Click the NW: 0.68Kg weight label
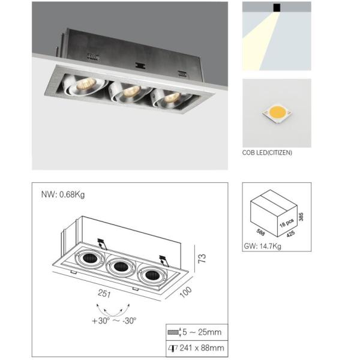[62, 194]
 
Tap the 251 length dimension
[104, 293]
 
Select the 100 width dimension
[186, 292]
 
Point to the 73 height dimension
[202, 259]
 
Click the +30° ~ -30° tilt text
[114, 320]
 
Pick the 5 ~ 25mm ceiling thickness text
[202, 332]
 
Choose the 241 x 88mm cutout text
[202, 348]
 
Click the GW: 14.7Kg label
[262, 246]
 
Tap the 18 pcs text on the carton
[287, 223]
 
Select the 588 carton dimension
[260, 232]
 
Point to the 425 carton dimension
[290, 234]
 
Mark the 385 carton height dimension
[301, 217]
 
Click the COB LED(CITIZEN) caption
[267, 152]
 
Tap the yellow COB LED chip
[277, 113]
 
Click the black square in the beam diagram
[277, 8]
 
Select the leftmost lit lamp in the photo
[86, 85]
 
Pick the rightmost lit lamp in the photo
[170, 98]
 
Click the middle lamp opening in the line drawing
[121, 267]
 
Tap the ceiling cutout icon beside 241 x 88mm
[173, 348]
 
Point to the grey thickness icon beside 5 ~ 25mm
[174, 332]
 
